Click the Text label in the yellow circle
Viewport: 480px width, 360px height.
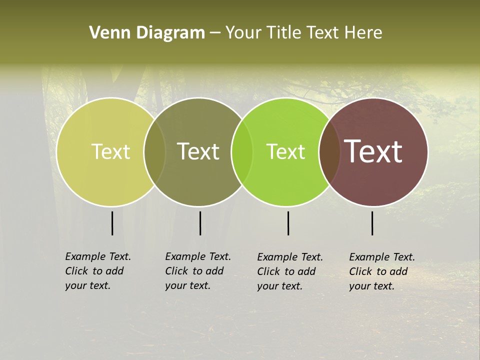(x=110, y=151)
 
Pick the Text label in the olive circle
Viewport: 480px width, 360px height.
(x=198, y=151)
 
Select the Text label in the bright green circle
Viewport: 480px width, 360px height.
(x=285, y=151)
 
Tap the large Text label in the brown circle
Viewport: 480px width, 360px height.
(x=373, y=151)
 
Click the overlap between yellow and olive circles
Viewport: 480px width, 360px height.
(x=155, y=151)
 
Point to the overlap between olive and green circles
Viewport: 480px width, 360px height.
(x=242, y=151)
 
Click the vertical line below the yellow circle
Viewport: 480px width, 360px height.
(x=112, y=223)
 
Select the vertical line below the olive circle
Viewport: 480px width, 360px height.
(x=200, y=223)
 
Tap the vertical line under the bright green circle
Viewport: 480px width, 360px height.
(x=288, y=223)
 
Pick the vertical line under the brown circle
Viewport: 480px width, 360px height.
(x=372, y=223)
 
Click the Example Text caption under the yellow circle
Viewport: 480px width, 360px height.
(x=98, y=271)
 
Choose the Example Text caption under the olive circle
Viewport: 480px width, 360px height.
(x=198, y=271)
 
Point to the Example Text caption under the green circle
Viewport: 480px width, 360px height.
(x=290, y=271)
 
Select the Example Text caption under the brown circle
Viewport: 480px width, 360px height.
(x=382, y=271)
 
